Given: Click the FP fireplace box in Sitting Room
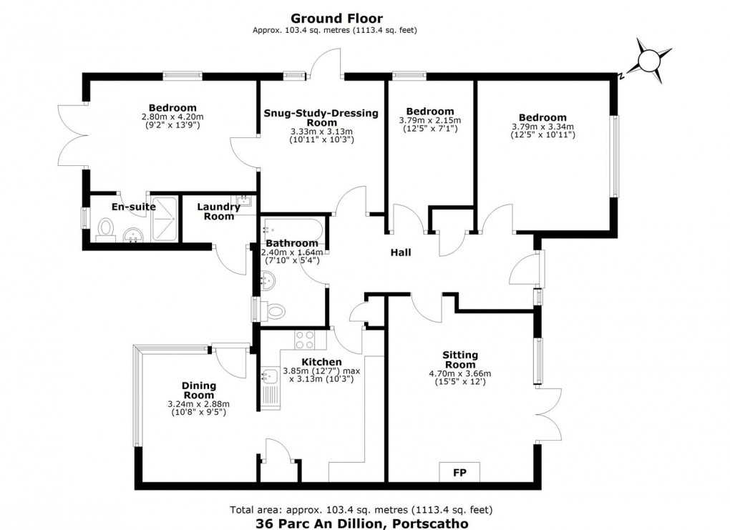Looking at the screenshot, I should click(459, 473).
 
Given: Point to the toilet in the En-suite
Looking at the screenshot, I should click(105, 229).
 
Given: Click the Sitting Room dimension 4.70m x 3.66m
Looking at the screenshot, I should click(459, 373).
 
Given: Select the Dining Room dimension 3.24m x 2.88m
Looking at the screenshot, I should click(199, 404).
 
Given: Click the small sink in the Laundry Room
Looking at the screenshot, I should click(244, 201).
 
